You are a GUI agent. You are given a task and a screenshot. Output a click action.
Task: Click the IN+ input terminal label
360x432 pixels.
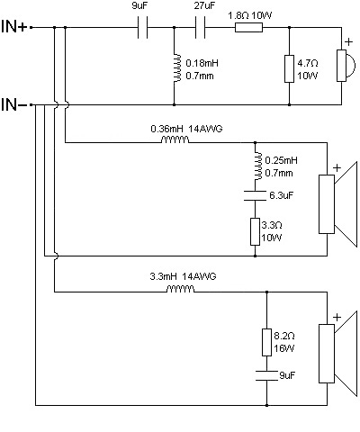coord(14,26)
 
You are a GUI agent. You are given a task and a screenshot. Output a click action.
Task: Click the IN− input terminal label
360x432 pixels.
coord(14,104)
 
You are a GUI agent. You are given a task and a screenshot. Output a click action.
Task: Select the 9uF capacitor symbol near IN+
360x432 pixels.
coord(142,28)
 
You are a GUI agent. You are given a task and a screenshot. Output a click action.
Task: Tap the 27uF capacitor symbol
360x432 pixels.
coord(200,28)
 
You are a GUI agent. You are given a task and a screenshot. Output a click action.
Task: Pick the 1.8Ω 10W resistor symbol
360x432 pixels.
coord(248,28)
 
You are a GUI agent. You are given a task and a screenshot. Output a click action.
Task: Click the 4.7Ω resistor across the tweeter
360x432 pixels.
coord(289,68)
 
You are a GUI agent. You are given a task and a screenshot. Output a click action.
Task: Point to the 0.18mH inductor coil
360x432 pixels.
coord(177,67)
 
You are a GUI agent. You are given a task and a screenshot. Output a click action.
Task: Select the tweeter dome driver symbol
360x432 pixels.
coord(346,65)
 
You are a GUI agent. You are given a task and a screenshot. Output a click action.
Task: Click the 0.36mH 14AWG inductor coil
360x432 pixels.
coord(175,139)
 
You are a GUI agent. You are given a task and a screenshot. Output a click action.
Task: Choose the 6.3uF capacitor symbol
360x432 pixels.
coord(255,195)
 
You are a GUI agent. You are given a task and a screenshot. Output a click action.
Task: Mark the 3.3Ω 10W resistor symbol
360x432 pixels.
coord(255,232)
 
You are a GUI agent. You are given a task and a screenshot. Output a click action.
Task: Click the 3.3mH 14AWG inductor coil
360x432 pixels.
coord(180,289)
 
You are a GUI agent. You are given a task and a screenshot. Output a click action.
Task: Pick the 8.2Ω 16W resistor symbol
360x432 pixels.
coord(266,342)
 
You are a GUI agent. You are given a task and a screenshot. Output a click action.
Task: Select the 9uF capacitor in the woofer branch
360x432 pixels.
coord(266,375)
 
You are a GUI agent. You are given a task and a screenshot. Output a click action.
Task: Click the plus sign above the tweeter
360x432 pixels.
coord(348,41)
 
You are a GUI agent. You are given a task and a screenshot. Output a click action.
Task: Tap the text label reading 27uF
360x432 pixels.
coord(204,5)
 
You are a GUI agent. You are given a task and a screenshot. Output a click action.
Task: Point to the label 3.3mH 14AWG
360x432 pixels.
coord(183,276)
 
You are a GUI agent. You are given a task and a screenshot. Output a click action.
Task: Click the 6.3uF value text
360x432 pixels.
coord(281,195)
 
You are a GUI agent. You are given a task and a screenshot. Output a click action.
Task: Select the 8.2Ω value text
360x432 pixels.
coord(284,336)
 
